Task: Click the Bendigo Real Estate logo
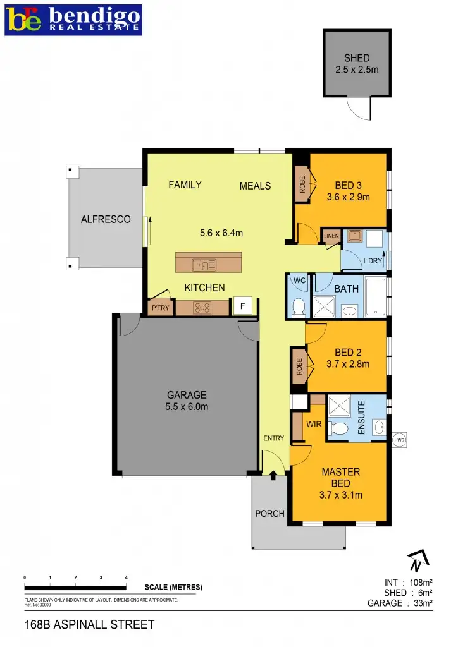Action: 73,20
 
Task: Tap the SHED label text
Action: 357,58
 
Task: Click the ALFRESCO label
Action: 106,219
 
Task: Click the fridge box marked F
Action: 242,306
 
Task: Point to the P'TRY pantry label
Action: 158,308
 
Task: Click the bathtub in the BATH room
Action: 376,296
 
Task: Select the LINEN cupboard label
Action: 331,236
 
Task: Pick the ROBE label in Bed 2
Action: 299,366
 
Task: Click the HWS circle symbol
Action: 399,440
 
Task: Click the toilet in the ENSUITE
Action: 339,430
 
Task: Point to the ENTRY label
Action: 274,438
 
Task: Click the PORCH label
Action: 269,513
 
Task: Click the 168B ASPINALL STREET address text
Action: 89,625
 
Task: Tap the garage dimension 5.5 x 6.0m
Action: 187,407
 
